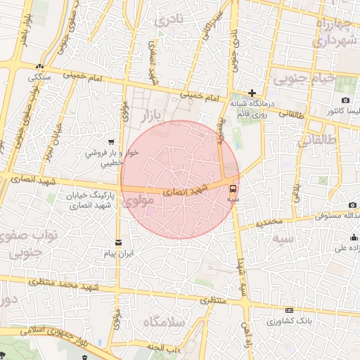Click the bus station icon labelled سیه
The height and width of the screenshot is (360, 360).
(233, 188)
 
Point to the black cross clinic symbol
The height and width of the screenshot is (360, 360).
(252, 92)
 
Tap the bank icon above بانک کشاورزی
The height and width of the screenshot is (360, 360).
(289, 310)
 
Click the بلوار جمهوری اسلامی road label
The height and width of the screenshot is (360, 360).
(49, 334)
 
